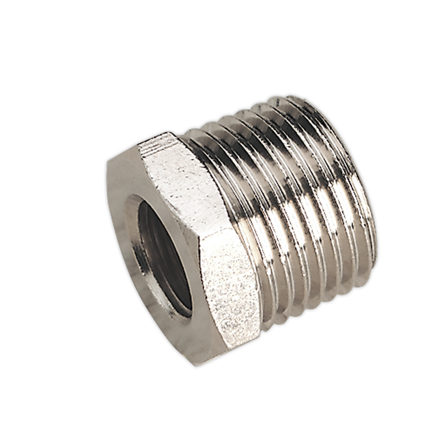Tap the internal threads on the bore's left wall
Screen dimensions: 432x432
pyautogui.click(x=146, y=245)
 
